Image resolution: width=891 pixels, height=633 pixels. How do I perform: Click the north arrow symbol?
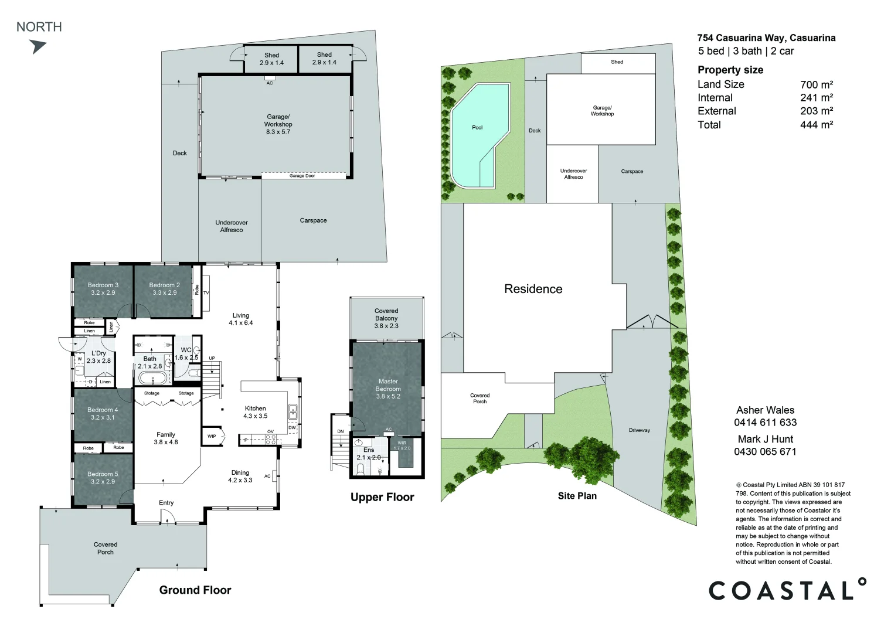(38, 46)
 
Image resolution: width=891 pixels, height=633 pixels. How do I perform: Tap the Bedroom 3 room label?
(103, 288)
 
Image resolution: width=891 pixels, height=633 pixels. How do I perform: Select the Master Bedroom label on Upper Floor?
(388, 389)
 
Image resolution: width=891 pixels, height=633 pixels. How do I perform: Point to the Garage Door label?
(302, 176)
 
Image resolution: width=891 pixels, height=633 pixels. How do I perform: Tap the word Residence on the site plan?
(533, 289)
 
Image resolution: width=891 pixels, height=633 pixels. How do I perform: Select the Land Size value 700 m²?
(817, 84)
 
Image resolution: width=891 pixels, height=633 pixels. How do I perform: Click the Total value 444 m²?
(817, 125)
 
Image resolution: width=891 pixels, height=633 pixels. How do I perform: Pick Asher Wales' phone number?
(765, 423)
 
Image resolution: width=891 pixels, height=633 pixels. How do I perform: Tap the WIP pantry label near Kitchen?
(212, 436)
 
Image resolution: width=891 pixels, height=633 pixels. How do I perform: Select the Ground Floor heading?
(195, 590)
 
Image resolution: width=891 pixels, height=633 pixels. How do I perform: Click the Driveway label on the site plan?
(639, 430)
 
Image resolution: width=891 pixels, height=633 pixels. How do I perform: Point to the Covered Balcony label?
(386, 318)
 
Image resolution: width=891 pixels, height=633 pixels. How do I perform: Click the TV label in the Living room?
(206, 293)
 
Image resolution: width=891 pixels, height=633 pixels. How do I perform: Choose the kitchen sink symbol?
(293, 411)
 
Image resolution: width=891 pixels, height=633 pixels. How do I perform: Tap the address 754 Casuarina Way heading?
(766, 38)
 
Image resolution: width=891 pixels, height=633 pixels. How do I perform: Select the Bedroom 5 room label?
(103, 478)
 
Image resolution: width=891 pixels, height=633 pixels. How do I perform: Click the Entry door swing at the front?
(167, 516)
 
